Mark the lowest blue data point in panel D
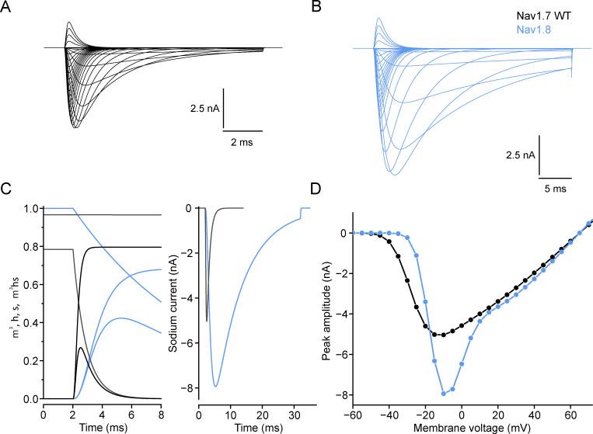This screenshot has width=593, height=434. pos(444,394)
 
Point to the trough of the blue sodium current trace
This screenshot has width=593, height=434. pos(215,386)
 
